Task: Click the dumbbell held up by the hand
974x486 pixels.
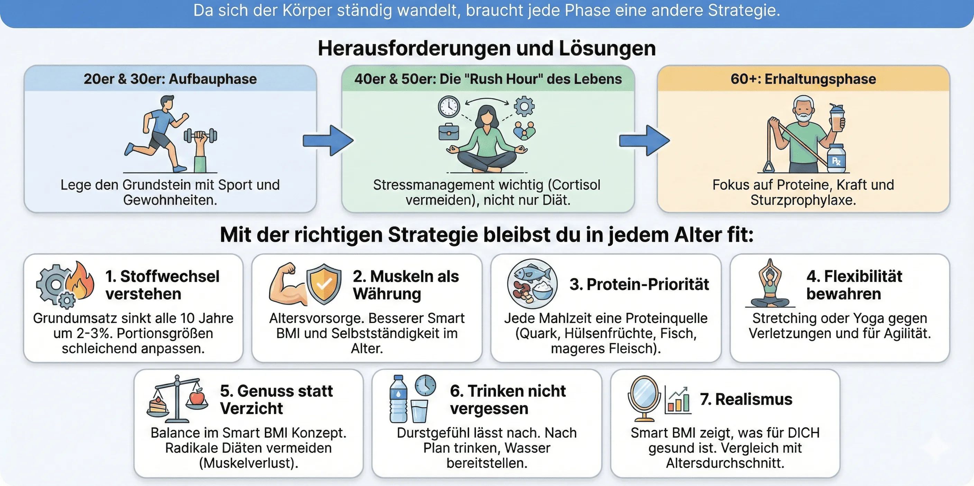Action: pyautogui.click(x=200, y=135)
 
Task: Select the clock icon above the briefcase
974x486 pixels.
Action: pyautogui.click(x=449, y=106)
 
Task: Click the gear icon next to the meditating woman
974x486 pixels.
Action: pyautogui.click(x=524, y=106)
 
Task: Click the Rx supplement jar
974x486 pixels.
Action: pyautogui.click(x=836, y=159)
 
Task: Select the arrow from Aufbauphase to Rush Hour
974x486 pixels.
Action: pyautogui.click(x=328, y=141)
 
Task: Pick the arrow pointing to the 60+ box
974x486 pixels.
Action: pyautogui.click(x=644, y=141)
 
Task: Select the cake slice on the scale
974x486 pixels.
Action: pyautogui.click(x=158, y=405)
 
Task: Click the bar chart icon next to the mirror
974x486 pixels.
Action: pyautogui.click(x=678, y=400)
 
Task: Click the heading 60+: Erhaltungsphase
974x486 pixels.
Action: pyautogui.click(x=803, y=79)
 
